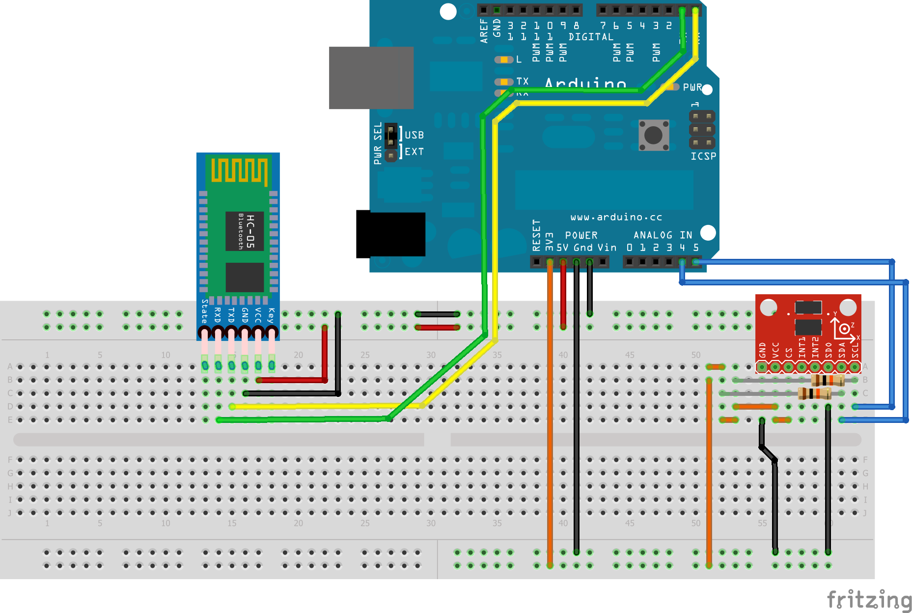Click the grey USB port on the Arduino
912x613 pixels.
coord(371,78)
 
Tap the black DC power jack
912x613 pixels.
coord(391,234)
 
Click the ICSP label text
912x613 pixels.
coord(703,156)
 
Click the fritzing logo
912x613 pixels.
coord(868,600)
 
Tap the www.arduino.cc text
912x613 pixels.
coord(616,217)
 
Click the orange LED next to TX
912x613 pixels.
coord(503,82)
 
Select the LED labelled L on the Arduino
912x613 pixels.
coord(503,59)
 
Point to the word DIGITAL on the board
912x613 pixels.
coord(591,37)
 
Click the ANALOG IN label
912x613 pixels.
coord(662,235)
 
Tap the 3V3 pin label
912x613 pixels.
coord(549,242)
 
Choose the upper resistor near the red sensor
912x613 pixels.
coord(828,380)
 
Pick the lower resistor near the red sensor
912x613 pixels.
coord(814,393)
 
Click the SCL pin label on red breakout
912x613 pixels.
coord(855,349)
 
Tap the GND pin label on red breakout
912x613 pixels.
coord(762,350)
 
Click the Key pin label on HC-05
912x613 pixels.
coord(271,315)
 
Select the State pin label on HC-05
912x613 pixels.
coord(205,311)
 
